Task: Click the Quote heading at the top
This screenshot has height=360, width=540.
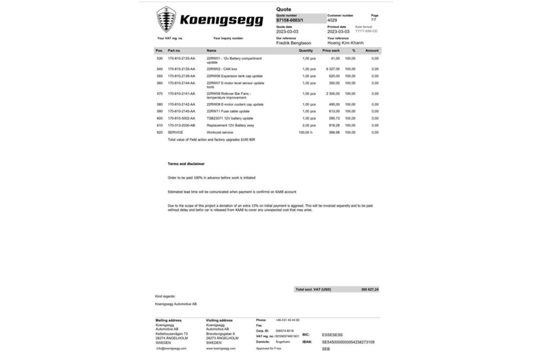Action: pos(284,9)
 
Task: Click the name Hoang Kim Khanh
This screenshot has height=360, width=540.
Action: pos(346,43)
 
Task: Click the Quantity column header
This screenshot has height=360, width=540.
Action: pos(306,51)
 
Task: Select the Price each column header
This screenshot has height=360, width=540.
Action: pos(330,51)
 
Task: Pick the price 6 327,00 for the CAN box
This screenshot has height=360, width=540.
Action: pos(332,68)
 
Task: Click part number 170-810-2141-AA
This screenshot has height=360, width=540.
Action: pos(181,94)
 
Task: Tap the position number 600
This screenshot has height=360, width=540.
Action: pos(159,118)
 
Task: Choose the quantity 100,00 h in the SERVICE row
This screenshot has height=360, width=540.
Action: pos(306,132)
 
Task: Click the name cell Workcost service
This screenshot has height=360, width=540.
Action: pos(220,132)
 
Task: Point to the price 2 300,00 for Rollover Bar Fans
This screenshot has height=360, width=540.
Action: pos(332,94)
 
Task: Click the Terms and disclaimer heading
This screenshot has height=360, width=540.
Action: pos(186,163)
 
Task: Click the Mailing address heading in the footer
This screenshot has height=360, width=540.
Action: pos(168,319)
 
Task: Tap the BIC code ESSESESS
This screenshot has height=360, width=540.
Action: pos(333,335)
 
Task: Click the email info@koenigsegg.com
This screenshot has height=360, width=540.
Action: pos(171,348)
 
